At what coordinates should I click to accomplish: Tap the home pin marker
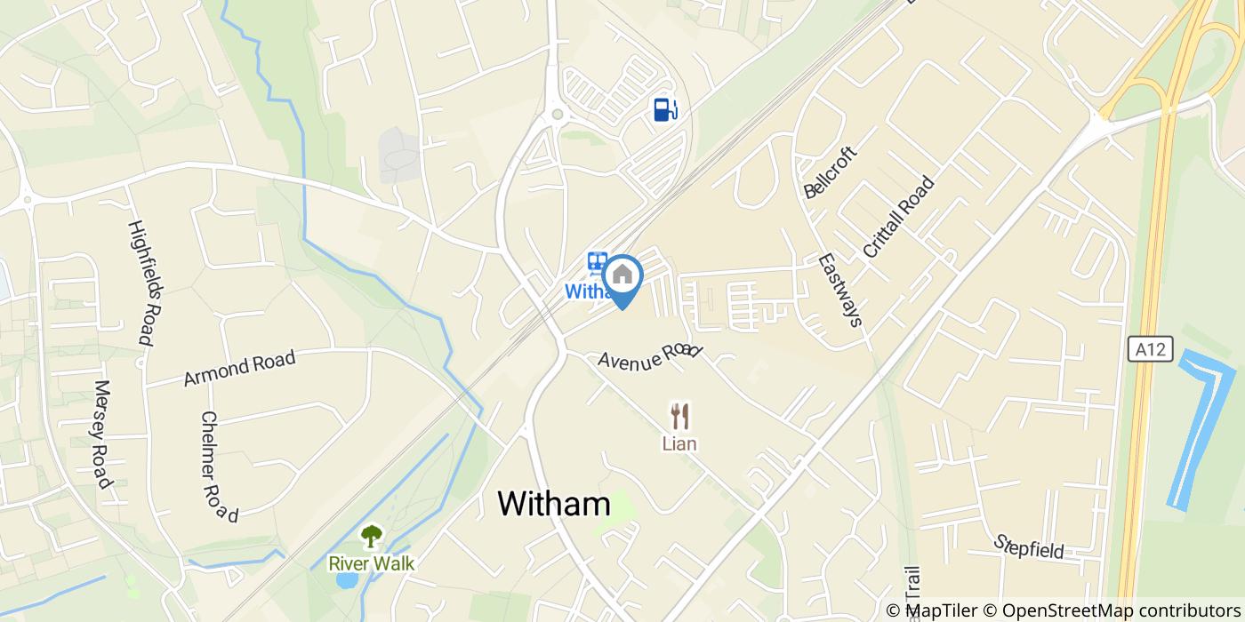(x=622, y=276)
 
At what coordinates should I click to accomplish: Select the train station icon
(x=597, y=263)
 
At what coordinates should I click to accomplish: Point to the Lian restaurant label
(x=679, y=443)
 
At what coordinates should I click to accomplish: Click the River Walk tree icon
(x=371, y=536)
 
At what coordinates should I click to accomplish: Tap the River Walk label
(x=371, y=562)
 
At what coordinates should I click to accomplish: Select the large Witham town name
(x=554, y=504)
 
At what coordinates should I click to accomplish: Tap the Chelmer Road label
(x=220, y=466)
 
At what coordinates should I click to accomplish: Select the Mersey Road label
(x=102, y=435)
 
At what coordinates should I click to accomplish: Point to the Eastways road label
(x=840, y=290)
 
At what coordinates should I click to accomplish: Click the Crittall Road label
(x=899, y=217)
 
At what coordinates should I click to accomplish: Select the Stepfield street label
(x=1029, y=546)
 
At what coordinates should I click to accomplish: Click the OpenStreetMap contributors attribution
(x=1112, y=610)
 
